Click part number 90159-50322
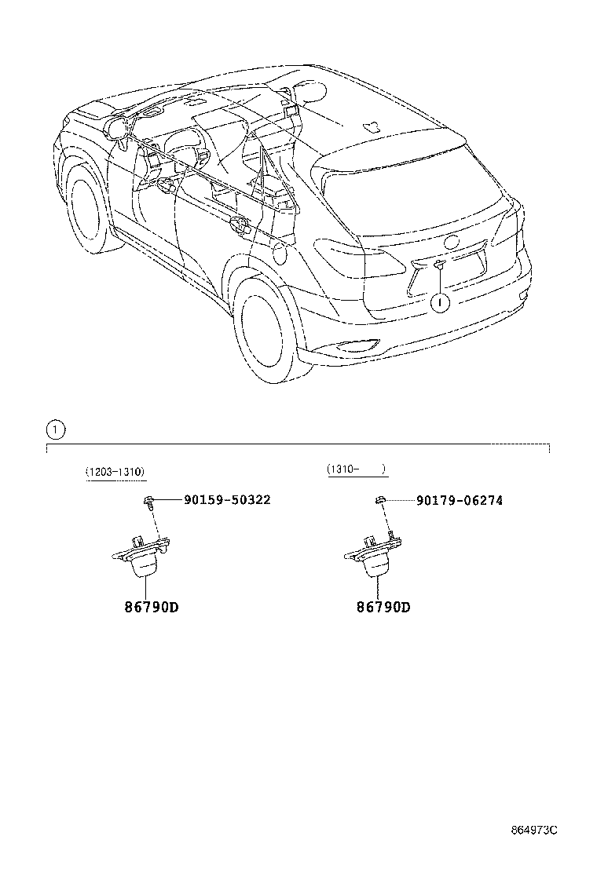tap(227, 499)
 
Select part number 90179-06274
tap(460, 499)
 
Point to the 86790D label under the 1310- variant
tap(384, 607)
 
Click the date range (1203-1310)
tap(115, 472)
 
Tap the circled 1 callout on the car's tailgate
tap(440, 301)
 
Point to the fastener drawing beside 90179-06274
tap(379, 500)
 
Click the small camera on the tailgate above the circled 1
tap(439, 267)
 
